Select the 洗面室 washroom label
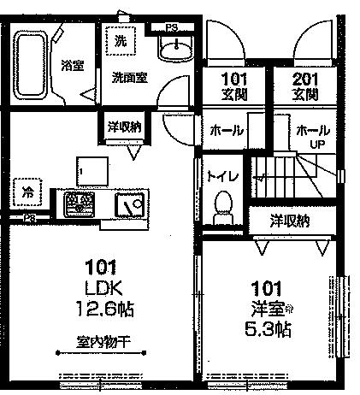[129, 76]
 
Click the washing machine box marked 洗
[120, 39]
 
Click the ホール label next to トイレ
[227, 132]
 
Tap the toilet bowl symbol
[222, 206]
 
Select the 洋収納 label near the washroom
[125, 126]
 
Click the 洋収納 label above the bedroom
[290, 221]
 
